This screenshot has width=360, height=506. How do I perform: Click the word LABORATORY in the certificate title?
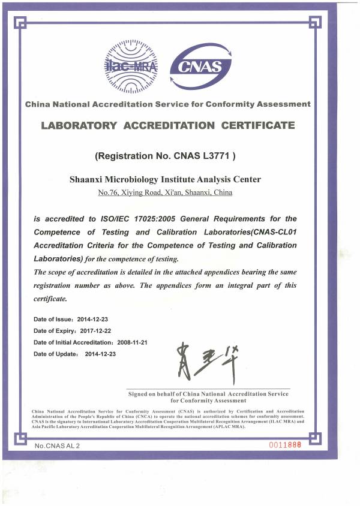pyautogui.click(x=79, y=125)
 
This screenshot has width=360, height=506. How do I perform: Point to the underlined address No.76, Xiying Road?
pyautogui.click(x=133, y=192)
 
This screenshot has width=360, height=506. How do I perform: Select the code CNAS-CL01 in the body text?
pyautogui.click(x=272, y=232)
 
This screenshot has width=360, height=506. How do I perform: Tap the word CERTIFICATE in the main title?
pyautogui.click(x=258, y=125)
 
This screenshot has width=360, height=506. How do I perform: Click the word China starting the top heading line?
pyautogui.click(x=37, y=104)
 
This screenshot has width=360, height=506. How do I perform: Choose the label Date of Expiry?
pyautogui.click(x=53, y=330)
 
